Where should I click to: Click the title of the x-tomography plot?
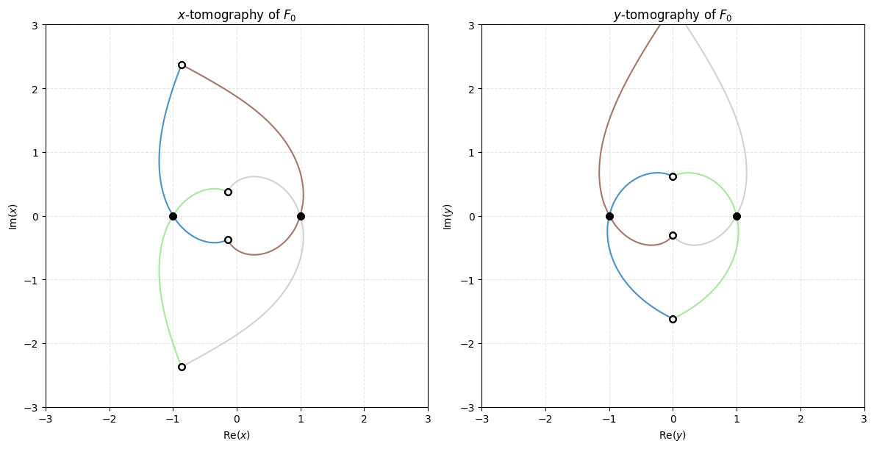(x=237, y=15)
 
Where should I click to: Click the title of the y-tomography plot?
(x=673, y=15)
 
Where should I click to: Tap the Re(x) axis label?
(x=237, y=435)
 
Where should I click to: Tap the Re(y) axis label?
(x=673, y=435)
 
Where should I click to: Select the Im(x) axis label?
(x=12, y=216)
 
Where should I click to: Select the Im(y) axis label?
(x=448, y=216)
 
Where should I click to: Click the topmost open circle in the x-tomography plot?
(x=182, y=65)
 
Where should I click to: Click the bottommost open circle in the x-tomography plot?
(x=182, y=367)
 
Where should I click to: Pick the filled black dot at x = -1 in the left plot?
(x=173, y=216)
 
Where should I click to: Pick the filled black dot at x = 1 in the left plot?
(x=301, y=216)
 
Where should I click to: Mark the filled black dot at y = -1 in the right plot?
(x=609, y=216)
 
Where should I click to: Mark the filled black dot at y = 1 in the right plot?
(x=737, y=216)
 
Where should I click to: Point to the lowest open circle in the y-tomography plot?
(x=673, y=319)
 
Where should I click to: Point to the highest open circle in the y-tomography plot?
(x=673, y=176)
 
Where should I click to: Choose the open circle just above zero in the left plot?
(x=228, y=192)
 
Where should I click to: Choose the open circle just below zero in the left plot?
(x=228, y=240)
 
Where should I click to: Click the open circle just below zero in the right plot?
(x=673, y=236)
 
